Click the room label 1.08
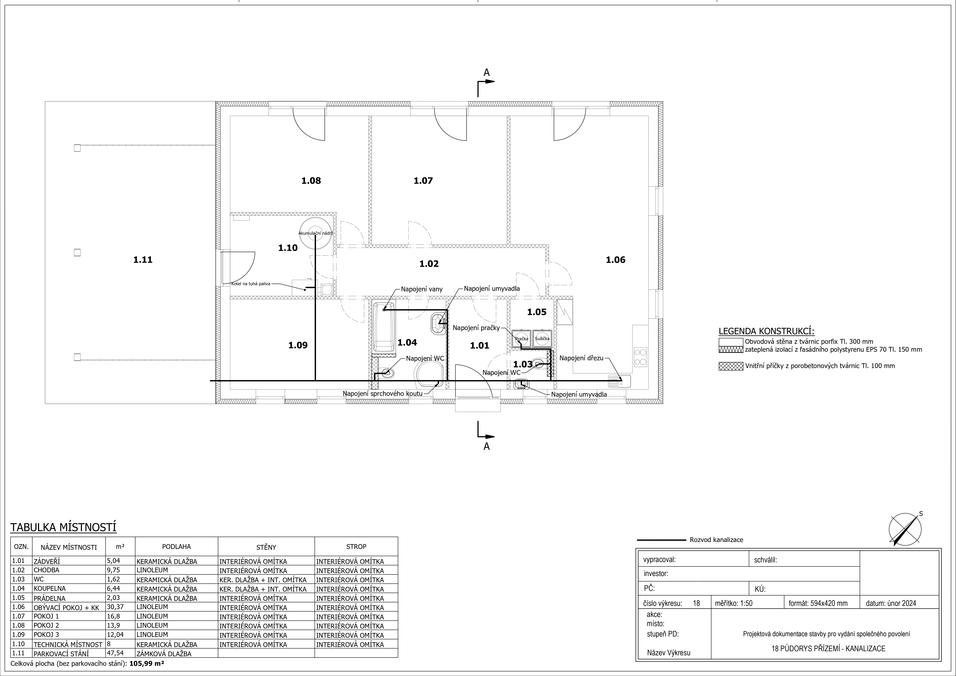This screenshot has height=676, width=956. click(x=311, y=181)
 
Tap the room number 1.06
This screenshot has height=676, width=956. click(x=615, y=260)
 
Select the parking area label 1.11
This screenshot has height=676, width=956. click(x=143, y=260)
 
